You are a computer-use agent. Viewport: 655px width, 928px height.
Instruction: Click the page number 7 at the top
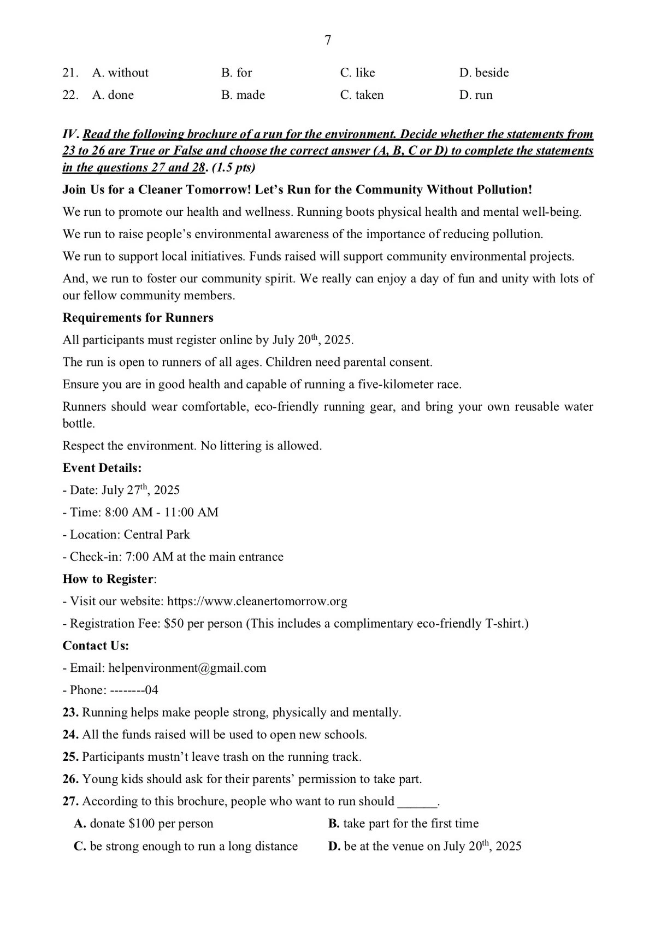[x=328, y=40]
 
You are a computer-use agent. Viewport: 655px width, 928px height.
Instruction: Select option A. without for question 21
[x=120, y=73]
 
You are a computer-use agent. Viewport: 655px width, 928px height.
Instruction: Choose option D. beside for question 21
[x=483, y=73]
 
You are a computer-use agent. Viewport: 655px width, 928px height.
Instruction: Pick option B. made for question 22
[x=243, y=95]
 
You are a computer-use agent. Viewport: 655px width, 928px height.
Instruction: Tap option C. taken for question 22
[x=362, y=95]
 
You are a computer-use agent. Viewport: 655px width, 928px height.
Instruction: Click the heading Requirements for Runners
[x=138, y=318]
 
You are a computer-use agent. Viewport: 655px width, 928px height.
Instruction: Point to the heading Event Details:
[x=102, y=468]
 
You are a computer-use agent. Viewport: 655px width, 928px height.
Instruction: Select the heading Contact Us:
[x=96, y=646]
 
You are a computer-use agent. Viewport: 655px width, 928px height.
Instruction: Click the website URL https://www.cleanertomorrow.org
[x=257, y=601]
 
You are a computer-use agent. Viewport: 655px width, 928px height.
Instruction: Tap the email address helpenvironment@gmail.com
[x=187, y=668]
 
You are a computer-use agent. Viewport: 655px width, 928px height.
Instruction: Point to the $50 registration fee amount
[x=174, y=624]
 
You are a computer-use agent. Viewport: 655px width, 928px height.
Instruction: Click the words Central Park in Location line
[x=157, y=535]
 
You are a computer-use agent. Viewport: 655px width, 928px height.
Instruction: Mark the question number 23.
[x=71, y=713]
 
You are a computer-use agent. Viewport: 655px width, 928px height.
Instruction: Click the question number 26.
[x=71, y=779]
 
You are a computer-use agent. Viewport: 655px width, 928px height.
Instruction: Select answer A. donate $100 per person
[x=144, y=824]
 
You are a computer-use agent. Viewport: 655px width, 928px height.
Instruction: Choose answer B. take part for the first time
[x=403, y=824]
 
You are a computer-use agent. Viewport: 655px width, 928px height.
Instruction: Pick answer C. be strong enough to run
[x=186, y=847]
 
